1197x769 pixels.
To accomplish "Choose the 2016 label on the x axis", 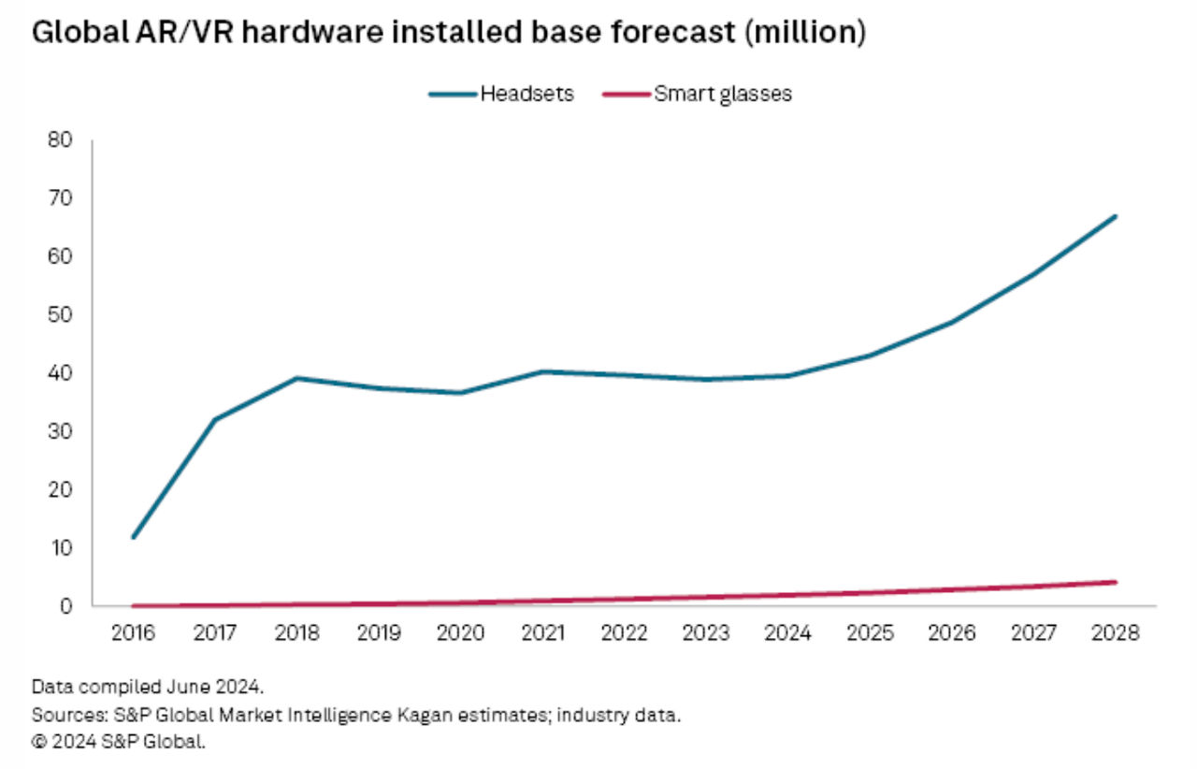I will [x=133, y=633].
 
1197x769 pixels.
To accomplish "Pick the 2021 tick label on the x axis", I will [x=542, y=633].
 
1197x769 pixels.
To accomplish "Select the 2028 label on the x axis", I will [x=1115, y=633].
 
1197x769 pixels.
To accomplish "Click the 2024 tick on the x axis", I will [x=787, y=633].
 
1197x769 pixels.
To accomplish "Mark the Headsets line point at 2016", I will [x=133, y=537].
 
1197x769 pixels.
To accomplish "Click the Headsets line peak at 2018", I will [x=296, y=378].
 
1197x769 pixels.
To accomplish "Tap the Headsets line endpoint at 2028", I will [x=1115, y=216].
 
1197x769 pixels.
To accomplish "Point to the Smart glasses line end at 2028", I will [x=1115, y=582].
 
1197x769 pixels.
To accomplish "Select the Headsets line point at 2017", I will [x=215, y=419].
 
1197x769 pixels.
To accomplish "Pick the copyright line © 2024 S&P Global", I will [x=118, y=743].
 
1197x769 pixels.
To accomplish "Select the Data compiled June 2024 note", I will [x=148, y=688].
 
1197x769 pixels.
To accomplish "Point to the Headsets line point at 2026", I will [x=951, y=322].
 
